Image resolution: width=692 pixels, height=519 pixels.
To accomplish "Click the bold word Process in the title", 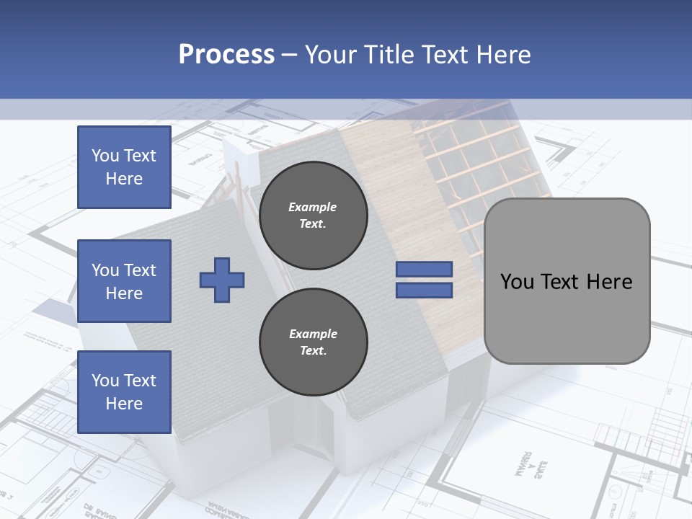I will tap(226, 55).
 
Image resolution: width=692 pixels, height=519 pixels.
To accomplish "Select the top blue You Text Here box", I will tap(124, 167).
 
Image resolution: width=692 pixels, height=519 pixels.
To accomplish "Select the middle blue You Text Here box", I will tap(124, 281).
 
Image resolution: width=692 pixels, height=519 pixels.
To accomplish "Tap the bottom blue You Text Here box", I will tap(124, 391).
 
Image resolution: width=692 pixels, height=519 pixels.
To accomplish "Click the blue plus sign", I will tap(222, 280).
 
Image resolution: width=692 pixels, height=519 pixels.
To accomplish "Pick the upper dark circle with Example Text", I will tap(313, 216).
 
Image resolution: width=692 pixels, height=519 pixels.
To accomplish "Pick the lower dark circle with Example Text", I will tap(313, 342).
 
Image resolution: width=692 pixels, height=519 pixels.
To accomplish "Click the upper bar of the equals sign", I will tap(424, 269).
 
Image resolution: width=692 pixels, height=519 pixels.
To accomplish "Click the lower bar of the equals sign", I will tap(424, 290).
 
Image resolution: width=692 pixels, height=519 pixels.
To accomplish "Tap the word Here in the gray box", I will tap(611, 282).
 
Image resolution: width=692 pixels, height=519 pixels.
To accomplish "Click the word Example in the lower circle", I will tap(313, 334).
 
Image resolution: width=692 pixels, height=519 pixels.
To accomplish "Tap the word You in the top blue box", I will tap(105, 156).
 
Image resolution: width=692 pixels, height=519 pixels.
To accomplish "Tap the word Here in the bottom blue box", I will tap(124, 404).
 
